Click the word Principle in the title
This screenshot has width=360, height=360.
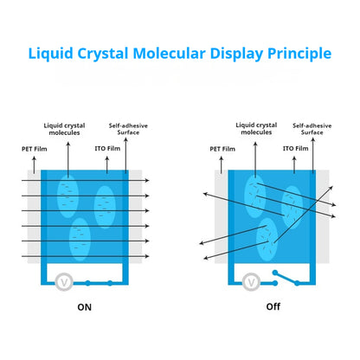(299, 54)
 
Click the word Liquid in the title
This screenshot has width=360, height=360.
(50, 54)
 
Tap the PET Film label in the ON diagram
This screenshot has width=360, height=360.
(35, 149)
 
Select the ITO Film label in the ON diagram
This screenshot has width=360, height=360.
(107, 148)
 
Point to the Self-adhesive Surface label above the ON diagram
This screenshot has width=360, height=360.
(128, 129)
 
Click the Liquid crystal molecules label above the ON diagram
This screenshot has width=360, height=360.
(64, 129)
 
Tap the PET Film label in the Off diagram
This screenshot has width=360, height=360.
(222, 149)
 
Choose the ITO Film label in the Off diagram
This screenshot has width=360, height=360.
(295, 148)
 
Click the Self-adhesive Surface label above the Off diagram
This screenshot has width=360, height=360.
(312, 129)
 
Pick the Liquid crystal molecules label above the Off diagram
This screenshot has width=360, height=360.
(256, 129)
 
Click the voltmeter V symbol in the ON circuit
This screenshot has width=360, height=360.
(64, 282)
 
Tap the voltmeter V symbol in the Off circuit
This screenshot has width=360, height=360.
(251, 282)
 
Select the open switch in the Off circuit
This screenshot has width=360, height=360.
(286, 278)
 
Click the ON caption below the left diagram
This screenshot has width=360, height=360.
(84, 307)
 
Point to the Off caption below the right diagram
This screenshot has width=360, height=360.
(273, 306)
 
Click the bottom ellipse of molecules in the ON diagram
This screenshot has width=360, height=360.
(80, 239)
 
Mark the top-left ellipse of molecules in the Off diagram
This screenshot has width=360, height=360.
(255, 196)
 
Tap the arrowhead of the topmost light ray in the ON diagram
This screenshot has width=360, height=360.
(147, 181)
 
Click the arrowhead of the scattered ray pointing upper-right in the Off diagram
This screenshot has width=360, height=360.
(331, 188)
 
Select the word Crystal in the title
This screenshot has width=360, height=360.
(103, 54)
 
